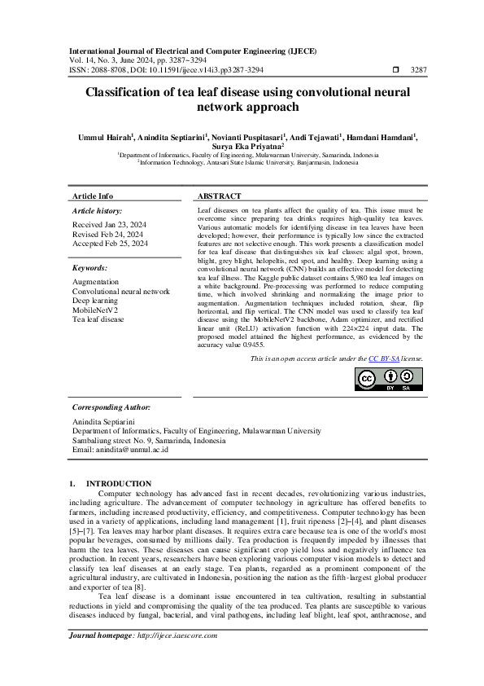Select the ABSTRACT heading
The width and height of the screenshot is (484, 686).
(220, 196)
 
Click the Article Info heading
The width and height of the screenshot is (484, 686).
(93, 196)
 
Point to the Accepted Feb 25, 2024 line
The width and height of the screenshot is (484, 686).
(110, 243)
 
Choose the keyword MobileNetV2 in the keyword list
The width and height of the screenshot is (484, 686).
(95, 310)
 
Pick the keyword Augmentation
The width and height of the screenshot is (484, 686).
(96, 281)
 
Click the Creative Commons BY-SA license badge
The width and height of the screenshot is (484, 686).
(390, 379)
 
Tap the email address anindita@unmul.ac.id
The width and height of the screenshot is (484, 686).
(131, 449)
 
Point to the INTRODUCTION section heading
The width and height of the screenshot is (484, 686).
(119, 483)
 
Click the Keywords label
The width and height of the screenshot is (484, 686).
(89, 267)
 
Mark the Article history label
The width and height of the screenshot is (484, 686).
(96, 210)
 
